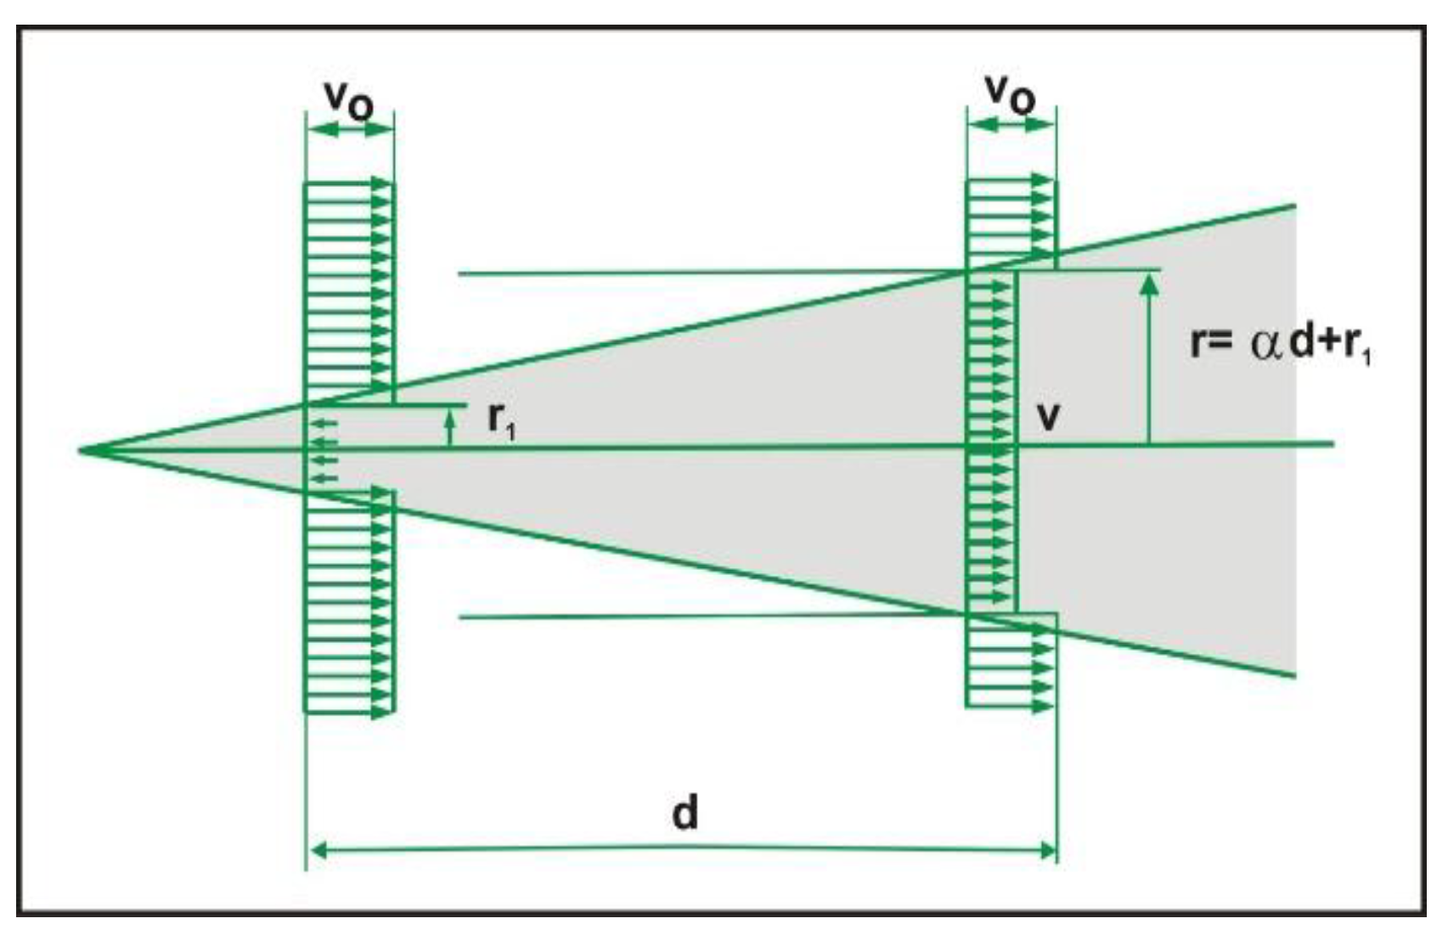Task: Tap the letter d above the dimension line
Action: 685,813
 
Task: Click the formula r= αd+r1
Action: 1281,345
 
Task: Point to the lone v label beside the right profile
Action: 1050,417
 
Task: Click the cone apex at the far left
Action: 82,449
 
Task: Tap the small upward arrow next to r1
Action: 450,425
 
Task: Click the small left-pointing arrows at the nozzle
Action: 323,450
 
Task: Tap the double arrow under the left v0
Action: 349,130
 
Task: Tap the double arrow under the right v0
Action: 1011,124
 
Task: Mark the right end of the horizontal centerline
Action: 1332,443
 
